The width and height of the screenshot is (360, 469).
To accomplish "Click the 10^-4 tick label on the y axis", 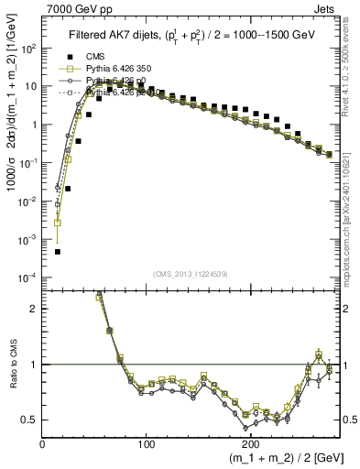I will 28,277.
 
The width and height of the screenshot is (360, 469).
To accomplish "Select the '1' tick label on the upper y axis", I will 34,124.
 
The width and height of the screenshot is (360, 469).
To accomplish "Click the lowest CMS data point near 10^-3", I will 57,251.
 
